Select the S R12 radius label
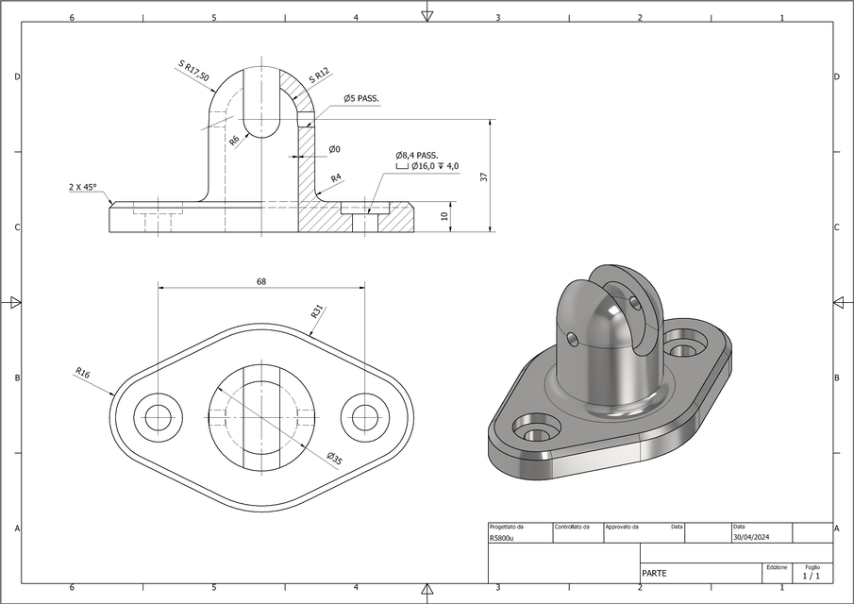tap(319, 75)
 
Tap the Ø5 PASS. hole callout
tap(361, 98)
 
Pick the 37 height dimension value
tap(483, 176)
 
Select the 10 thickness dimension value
tap(444, 216)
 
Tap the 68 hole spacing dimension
tap(260, 281)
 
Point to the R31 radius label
tap(317, 312)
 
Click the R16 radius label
tap(83, 373)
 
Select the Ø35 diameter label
tap(334, 458)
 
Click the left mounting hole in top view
tap(157, 416)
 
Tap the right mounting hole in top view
tap(364, 416)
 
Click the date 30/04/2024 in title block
tap(751, 538)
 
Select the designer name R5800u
tap(502, 538)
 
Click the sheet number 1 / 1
tap(811, 575)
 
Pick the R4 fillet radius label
tap(336, 177)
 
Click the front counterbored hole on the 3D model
tap(534, 433)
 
